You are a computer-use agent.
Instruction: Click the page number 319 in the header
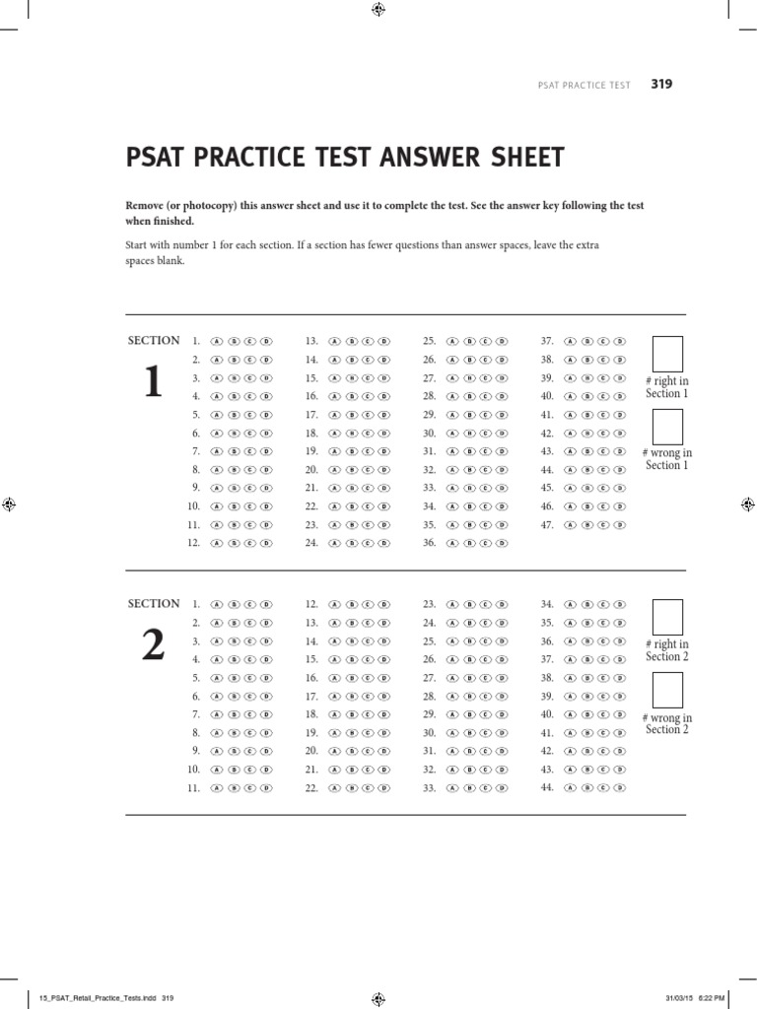point(661,85)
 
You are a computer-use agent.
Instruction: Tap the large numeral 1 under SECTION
point(152,382)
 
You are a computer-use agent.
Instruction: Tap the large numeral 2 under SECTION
point(152,644)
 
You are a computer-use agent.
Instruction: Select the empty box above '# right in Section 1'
point(667,354)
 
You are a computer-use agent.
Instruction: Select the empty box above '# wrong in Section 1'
point(667,427)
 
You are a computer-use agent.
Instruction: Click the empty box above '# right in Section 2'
point(667,617)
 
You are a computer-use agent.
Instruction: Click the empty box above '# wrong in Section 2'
point(667,690)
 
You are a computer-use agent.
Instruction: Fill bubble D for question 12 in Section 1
point(266,543)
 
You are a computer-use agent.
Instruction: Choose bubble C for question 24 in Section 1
point(367,543)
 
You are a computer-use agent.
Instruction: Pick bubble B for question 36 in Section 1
point(469,543)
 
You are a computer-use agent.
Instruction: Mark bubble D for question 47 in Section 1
point(619,524)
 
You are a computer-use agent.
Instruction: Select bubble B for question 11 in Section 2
point(233,788)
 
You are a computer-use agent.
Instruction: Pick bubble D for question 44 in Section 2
point(619,787)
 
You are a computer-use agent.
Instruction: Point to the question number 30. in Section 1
point(429,433)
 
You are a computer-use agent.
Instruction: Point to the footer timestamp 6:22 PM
point(710,997)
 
